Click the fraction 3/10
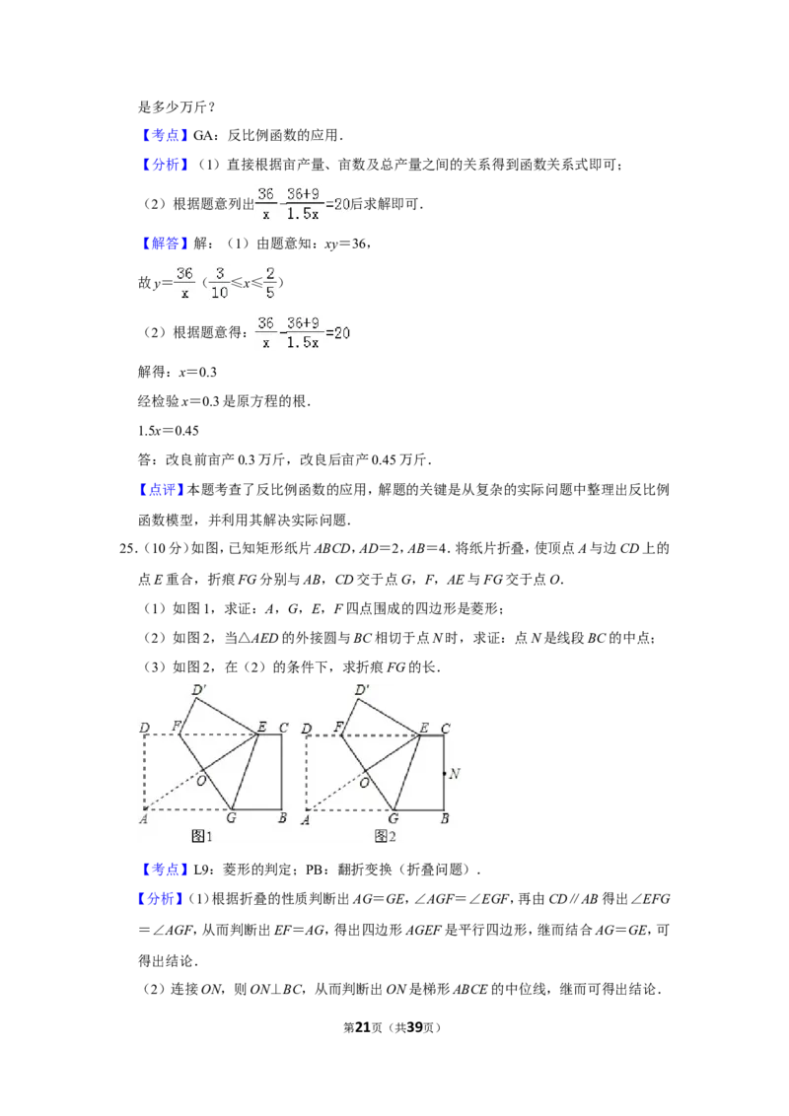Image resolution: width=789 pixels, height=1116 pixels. pyautogui.click(x=219, y=283)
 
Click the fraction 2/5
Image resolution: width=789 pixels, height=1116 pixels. pyautogui.click(x=269, y=283)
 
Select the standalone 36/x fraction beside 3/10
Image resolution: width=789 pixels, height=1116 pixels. pyautogui.click(x=182, y=283)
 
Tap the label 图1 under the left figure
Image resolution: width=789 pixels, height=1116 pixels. pyautogui.click(x=202, y=836)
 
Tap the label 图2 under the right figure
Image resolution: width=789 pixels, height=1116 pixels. pyautogui.click(x=385, y=836)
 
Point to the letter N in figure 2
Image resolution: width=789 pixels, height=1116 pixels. pyautogui.click(x=455, y=774)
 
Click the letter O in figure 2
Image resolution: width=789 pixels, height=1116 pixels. pyautogui.click(x=364, y=782)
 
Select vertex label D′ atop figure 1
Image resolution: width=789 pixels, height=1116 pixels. pyautogui.click(x=198, y=690)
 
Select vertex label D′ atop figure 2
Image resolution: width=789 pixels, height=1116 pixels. pyautogui.click(x=361, y=690)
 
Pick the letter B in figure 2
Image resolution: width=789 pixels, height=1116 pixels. pyautogui.click(x=445, y=818)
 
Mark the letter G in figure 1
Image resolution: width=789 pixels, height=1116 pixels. pyautogui.click(x=231, y=818)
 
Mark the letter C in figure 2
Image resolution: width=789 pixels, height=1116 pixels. pyautogui.click(x=445, y=730)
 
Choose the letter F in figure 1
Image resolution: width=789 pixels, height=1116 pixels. pyautogui.click(x=177, y=728)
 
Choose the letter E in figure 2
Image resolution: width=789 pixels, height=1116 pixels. pyautogui.click(x=424, y=729)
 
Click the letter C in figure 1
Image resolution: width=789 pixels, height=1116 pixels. pyautogui.click(x=283, y=730)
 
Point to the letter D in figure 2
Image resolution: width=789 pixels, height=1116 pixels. pyautogui.click(x=307, y=730)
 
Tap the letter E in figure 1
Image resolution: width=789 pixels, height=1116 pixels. pyautogui.click(x=261, y=729)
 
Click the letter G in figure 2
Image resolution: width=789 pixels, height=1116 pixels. pyautogui.click(x=393, y=818)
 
